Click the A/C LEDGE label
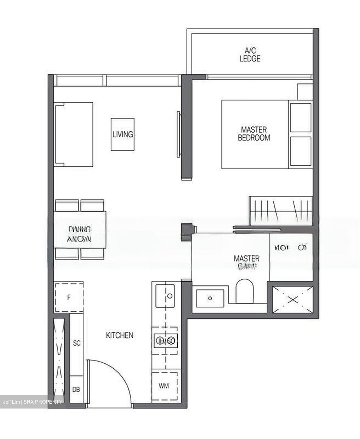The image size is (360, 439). [x=250, y=55]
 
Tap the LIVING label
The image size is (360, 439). [x=123, y=134]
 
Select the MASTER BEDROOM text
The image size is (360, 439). [x=254, y=134]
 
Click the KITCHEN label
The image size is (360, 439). [x=120, y=335]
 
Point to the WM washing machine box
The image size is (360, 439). [x=164, y=386]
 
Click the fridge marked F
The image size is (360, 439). [x=69, y=297]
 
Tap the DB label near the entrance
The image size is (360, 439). [x=76, y=390]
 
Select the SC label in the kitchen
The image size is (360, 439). [x=77, y=343]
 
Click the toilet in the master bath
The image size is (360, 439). [x=245, y=291]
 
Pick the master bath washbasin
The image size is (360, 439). [x=210, y=298]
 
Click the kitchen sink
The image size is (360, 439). [x=165, y=296]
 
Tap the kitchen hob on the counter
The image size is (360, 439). [x=165, y=341]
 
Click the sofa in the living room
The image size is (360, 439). [x=74, y=134]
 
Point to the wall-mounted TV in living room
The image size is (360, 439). [x=178, y=134]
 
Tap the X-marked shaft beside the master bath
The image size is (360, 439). [x=293, y=299]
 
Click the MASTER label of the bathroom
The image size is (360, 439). [x=247, y=259]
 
